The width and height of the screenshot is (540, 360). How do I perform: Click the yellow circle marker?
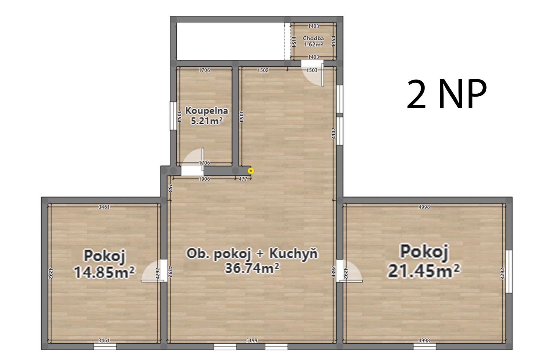click(x=251, y=171)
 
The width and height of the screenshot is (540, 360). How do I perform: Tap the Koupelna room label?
click(x=207, y=111)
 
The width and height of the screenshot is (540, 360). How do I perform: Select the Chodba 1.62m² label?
click(x=313, y=41)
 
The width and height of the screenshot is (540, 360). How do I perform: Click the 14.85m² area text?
click(x=104, y=272)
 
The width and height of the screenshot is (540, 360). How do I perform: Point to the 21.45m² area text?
click(x=424, y=271)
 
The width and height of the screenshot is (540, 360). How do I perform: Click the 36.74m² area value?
click(x=252, y=268)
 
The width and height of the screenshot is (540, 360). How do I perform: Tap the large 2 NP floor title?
click(x=446, y=94)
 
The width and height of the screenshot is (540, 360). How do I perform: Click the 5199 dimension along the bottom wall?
click(x=251, y=340)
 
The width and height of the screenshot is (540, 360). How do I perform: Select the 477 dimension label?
click(x=243, y=179)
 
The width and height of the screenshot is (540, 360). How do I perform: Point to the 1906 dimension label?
click(x=204, y=179)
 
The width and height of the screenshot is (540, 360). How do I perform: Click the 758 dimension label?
click(x=170, y=188)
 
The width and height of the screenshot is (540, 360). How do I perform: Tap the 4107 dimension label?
click(x=334, y=133)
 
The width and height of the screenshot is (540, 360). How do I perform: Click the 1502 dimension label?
click(x=263, y=70)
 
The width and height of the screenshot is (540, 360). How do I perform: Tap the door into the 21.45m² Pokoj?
click(x=349, y=271)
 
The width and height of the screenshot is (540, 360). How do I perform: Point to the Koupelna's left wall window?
click(x=173, y=116)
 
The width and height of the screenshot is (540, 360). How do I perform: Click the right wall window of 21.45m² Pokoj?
click(x=509, y=271)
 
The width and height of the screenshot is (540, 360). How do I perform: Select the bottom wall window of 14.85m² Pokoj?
click(x=105, y=346)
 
